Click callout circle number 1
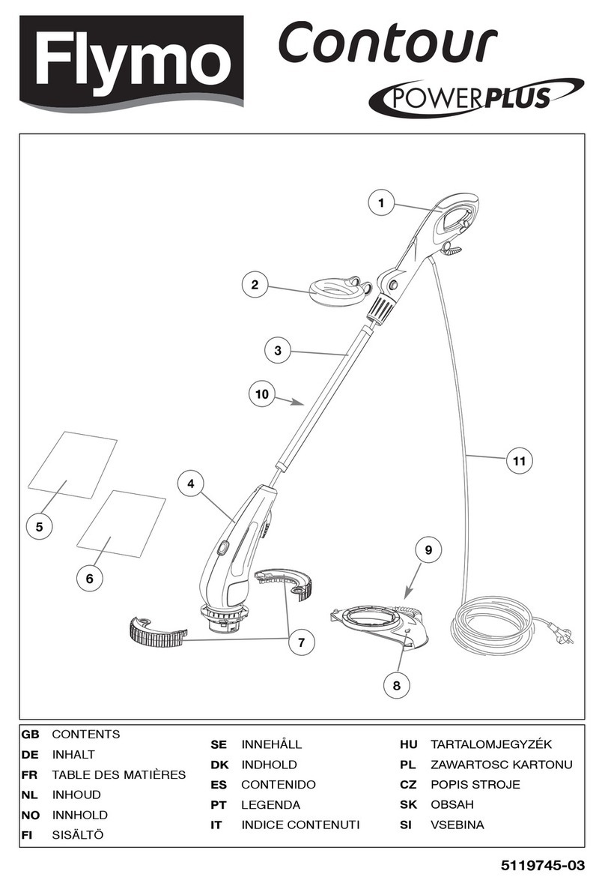pyautogui.click(x=381, y=202)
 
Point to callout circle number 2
pyautogui.click(x=255, y=285)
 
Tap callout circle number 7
pyautogui.click(x=301, y=642)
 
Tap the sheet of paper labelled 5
pyautogui.click(x=73, y=464)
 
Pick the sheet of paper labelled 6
pyautogui.click(x=121, y=524)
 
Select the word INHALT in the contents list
pyautogui.click(x=73, y=754)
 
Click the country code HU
pyautogui.click(x=408, y=744)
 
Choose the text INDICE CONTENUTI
pyautogui.click(x=300, y=825)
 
